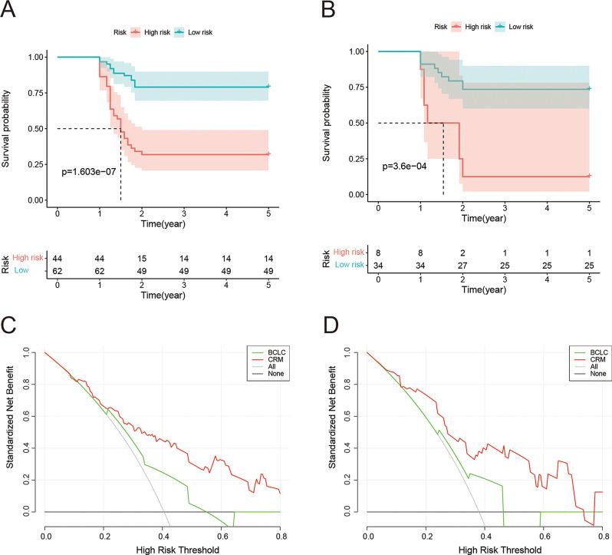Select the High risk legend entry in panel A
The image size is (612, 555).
[x=152, y=32]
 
